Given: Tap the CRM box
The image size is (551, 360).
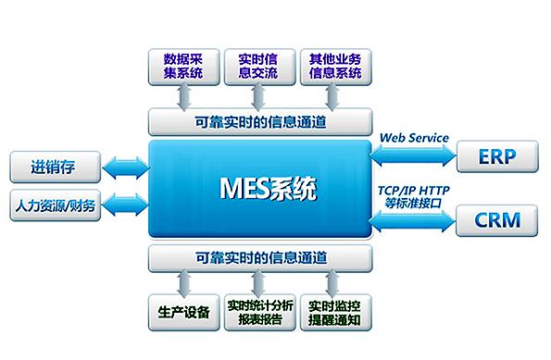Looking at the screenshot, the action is coord(496,220).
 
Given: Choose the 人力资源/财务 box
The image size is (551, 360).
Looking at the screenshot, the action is coord(53,205).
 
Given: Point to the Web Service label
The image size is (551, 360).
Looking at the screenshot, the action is coord(414,138).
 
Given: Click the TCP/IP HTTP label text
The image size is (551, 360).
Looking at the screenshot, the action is coord(413,190).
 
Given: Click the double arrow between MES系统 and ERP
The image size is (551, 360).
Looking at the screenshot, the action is coord(413,155).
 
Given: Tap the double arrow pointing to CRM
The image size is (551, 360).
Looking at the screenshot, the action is coord(413,218).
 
